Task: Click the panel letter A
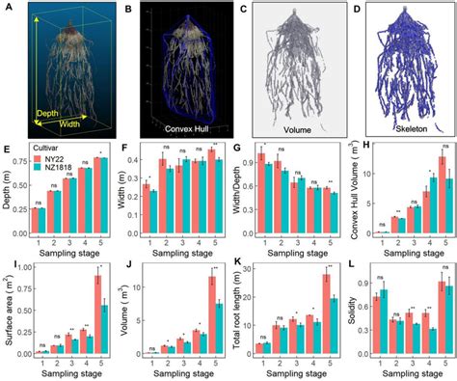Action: [8, 8]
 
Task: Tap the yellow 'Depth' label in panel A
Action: [48, 113]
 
